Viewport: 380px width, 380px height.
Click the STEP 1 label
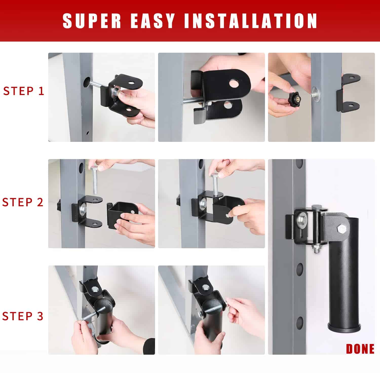[x=24, y=91]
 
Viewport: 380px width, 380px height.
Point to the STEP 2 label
[x=23, y=202]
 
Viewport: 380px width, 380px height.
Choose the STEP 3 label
[x=23, y=316]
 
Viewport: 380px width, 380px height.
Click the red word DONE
[x=360, y=349]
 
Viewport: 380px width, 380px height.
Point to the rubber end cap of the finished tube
[x=344, y=327]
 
